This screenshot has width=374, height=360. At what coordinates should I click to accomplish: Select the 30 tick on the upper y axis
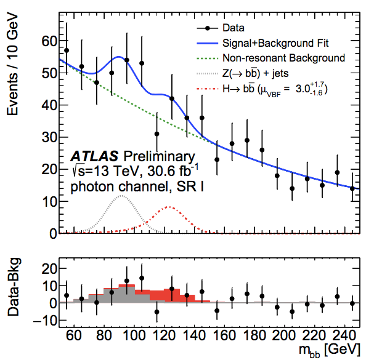click(x=49, y=138)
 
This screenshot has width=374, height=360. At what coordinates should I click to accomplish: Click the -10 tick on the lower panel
click(x=46, y=321)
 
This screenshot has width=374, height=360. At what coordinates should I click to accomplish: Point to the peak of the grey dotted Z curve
click(x=122, y=196)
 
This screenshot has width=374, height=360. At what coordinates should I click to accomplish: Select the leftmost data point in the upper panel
click(x=67, y=50)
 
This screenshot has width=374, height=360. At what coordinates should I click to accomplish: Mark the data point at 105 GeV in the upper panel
click(x=142, y=63)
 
